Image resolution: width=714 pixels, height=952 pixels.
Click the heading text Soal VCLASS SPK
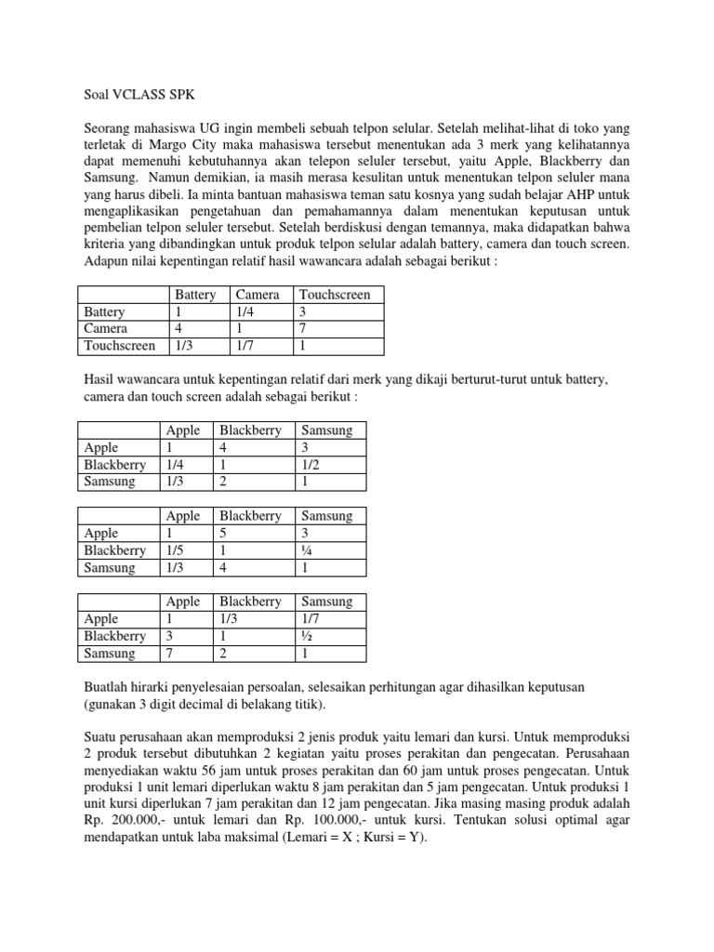134,94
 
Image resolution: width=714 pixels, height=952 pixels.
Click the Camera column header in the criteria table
258,295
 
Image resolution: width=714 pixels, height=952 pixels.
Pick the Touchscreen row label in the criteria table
120,346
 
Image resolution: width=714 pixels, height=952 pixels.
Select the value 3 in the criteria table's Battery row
302,312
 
